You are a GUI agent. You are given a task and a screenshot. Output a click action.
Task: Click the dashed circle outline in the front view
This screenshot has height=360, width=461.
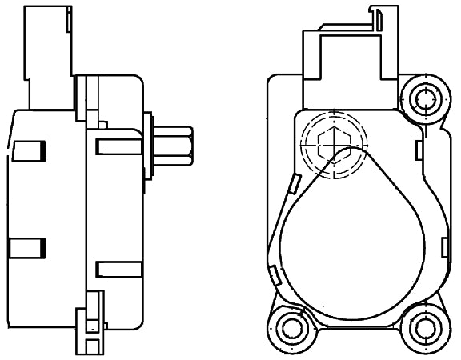(331, 146)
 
